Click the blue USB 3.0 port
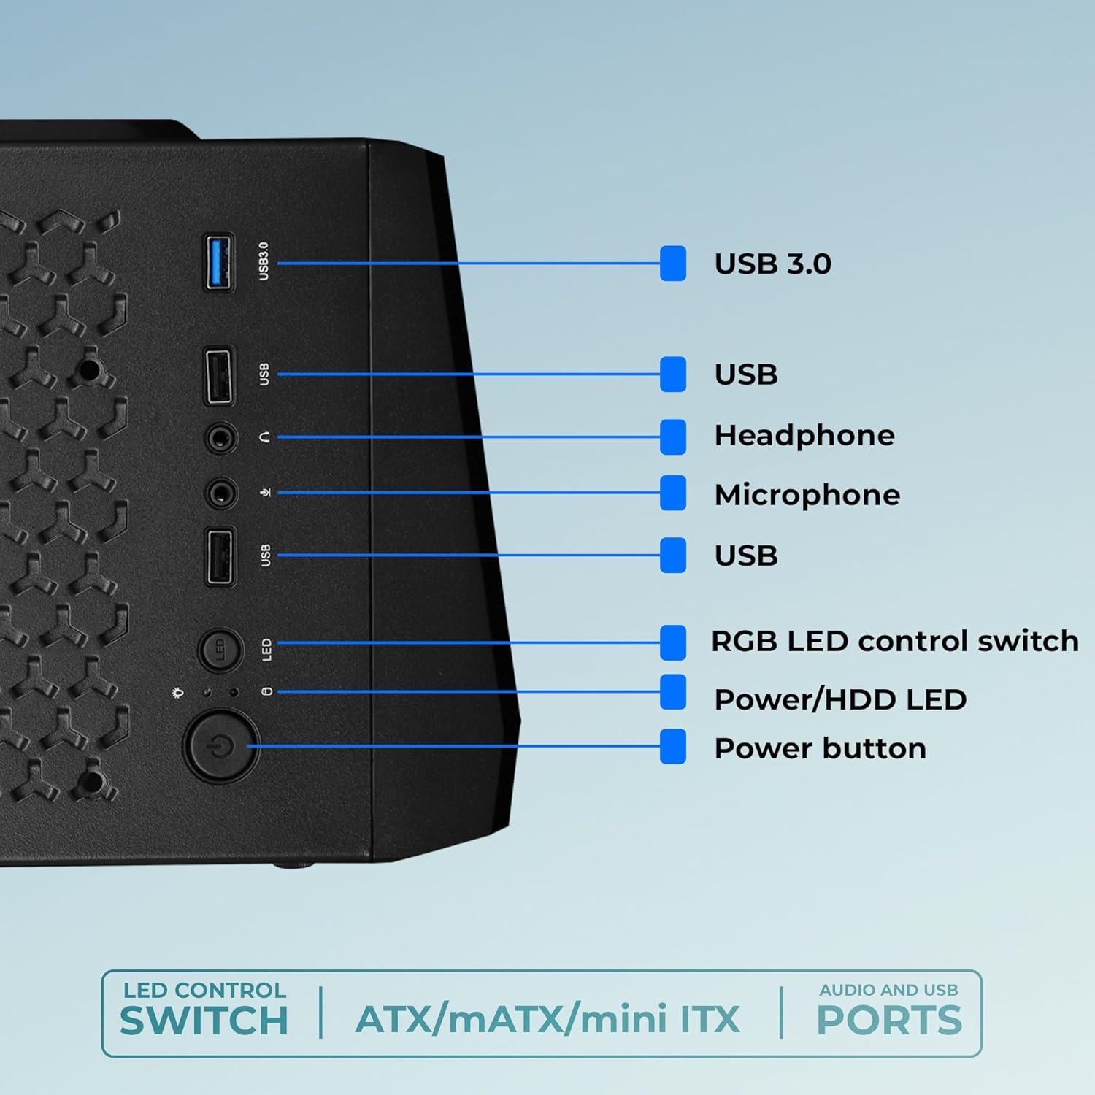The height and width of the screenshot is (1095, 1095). (219, 262)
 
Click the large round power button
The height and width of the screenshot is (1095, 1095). (220, 746)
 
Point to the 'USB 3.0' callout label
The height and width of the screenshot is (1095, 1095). (772, 264)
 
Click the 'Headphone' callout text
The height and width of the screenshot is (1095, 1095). (804, 436)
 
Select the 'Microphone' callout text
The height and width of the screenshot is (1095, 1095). (807, 495)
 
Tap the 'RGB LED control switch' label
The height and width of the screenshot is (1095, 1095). (894, 641)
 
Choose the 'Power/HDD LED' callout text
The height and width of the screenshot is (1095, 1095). (839, 699)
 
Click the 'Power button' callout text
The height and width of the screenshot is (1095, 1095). (820, 748)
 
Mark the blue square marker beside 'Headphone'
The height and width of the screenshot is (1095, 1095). (672, 437)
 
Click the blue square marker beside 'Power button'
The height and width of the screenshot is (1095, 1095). (672, 746)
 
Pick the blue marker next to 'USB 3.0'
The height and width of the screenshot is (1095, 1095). (672, 264)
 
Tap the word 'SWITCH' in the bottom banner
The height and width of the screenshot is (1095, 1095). (204, 1021)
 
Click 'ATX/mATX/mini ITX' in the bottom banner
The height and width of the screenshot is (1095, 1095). (547, 1019)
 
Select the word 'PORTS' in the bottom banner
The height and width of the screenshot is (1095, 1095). (888, 1021)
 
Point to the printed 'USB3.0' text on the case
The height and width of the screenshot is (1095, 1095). (264, 261)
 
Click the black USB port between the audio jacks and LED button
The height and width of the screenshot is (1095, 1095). (220, 556)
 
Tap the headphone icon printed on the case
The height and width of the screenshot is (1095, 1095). (265, 437)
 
